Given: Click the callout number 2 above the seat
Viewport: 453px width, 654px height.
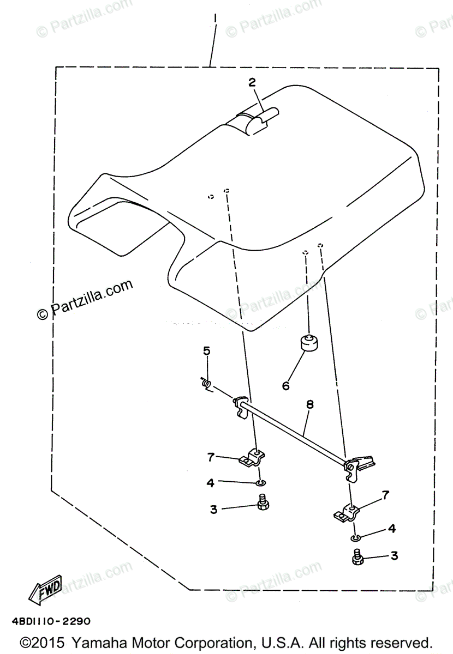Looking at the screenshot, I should point(252,82).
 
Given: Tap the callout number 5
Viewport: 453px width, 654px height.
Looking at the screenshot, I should point(206,350).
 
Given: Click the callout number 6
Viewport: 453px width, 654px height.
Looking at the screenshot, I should point(285,386).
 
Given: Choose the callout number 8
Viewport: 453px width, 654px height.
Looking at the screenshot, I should point(309,405).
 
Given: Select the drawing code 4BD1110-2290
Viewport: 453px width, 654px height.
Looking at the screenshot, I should point(50,621).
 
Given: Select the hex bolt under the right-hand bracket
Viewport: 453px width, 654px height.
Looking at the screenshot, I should point(358,558).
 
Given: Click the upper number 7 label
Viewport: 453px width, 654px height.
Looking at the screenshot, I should point(211,457).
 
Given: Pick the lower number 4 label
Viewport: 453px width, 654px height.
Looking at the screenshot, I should point(391,529).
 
